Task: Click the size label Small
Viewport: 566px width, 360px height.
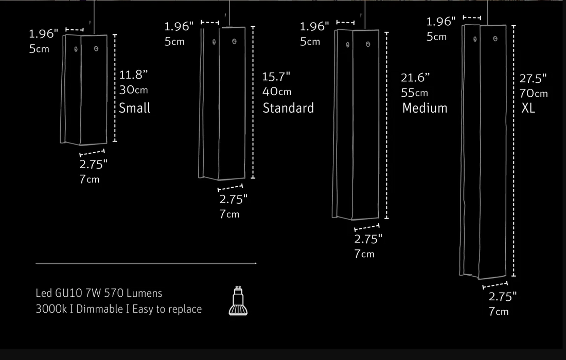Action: tap(134, 108)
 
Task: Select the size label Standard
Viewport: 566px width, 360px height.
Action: tap(288, 108)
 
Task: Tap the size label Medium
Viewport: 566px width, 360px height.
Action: tap(424, 108)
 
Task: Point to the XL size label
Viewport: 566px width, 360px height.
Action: tap(528, 108)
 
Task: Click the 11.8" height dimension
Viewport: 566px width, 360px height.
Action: tap(134, 75)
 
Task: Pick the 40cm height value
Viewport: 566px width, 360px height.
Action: tap(276, 92)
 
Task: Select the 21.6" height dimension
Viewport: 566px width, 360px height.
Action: tap(415, 78)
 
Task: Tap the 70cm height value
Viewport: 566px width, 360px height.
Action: tap(534, 94)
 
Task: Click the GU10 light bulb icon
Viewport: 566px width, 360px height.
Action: tap(238, 301)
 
